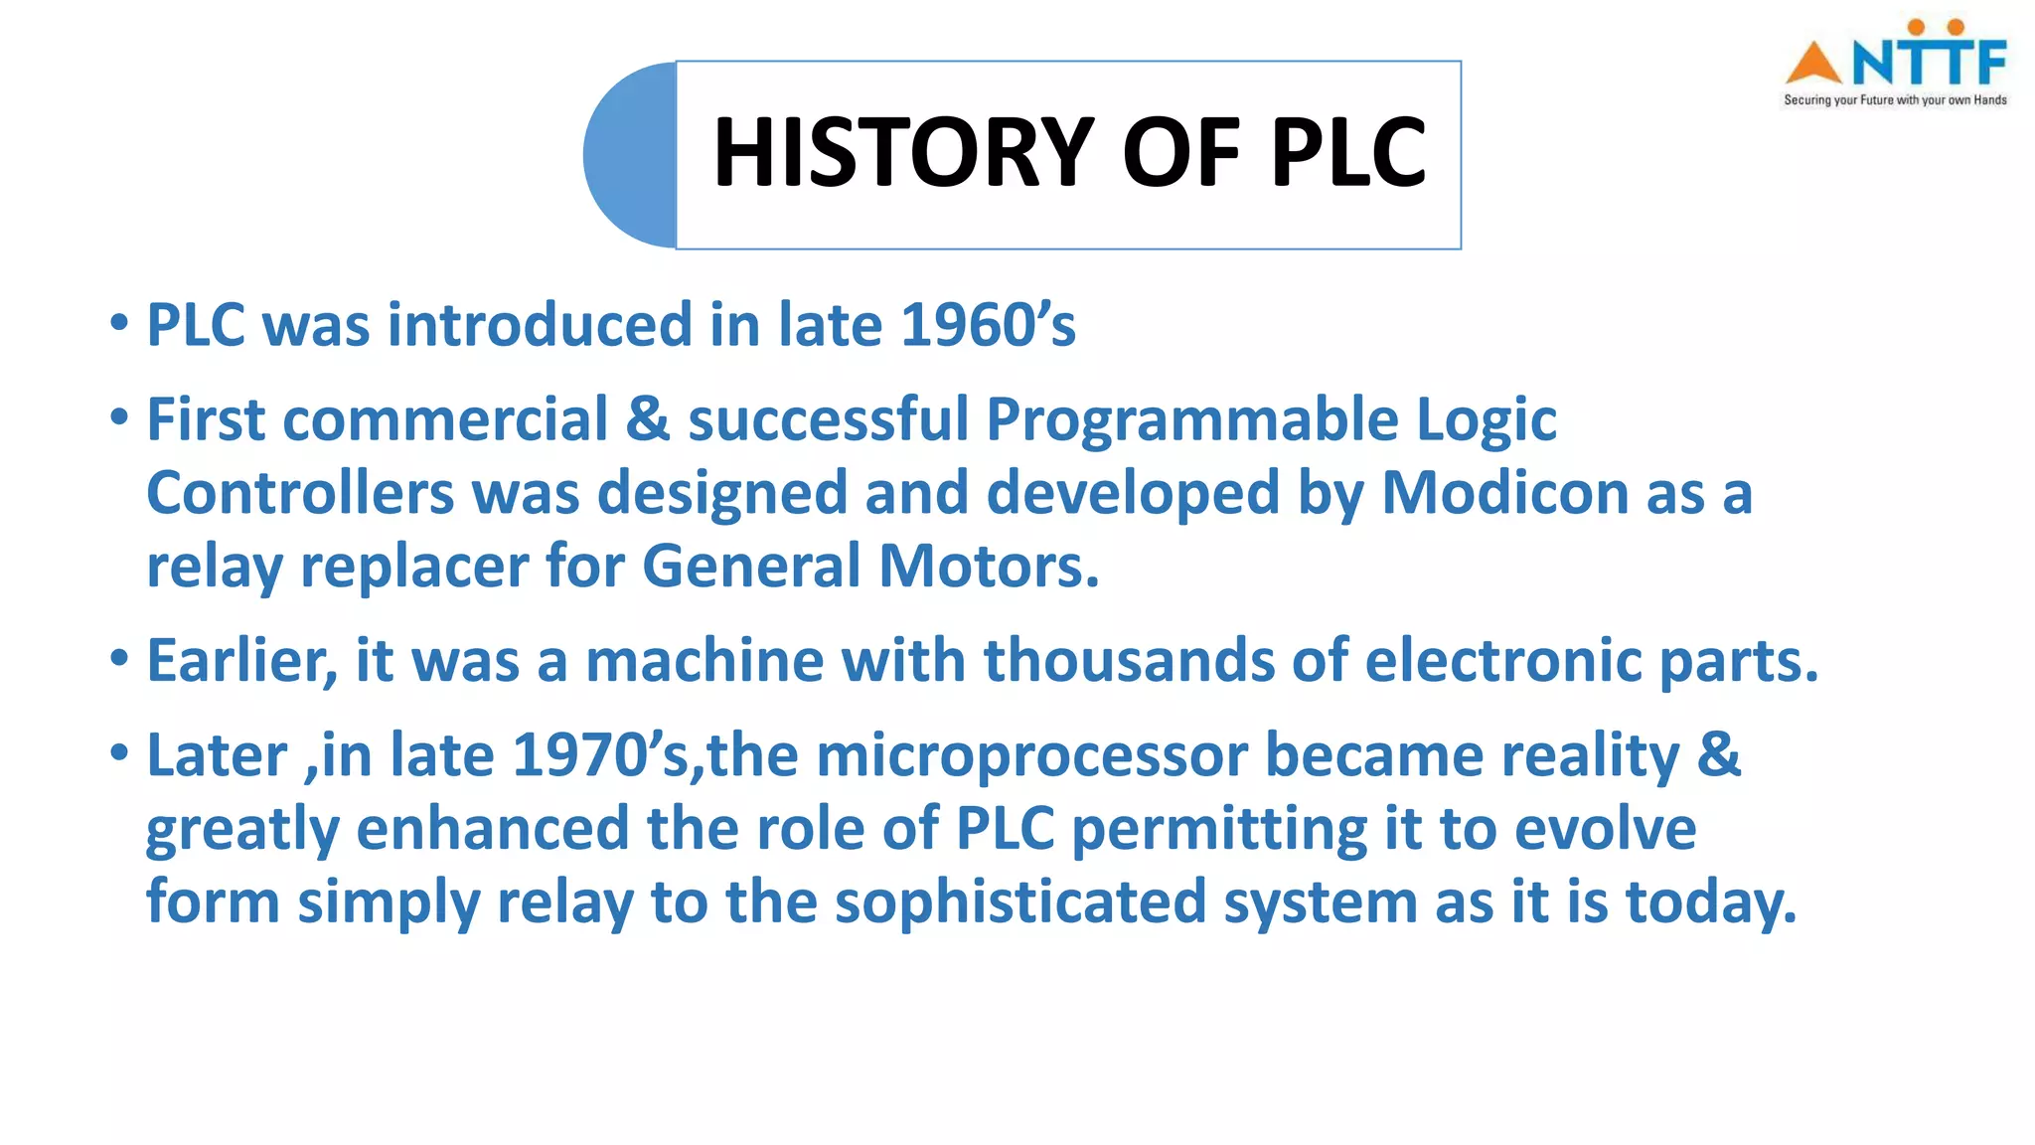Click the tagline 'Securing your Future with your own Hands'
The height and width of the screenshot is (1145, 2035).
[1895, 100]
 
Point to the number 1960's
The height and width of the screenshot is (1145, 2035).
[988, 325]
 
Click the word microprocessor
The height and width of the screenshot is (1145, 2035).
[1031, 755]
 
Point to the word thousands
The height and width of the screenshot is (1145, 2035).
[1128, 660]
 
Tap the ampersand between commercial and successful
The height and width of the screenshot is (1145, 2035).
[648, 419]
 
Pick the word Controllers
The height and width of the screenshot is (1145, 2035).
[300, 493]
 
